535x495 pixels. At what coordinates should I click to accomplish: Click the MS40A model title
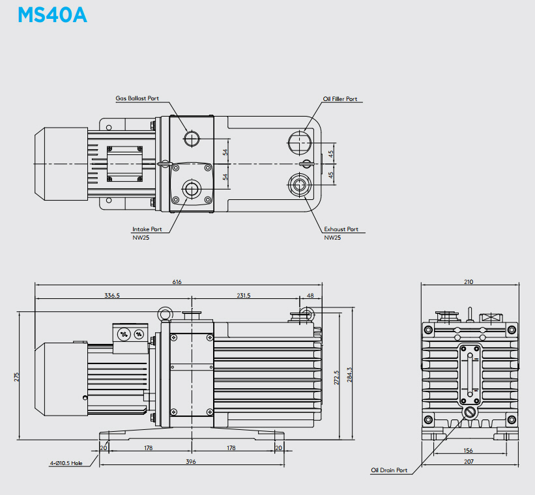tap(52, 15)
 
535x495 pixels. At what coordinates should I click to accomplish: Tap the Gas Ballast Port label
tap(137, 98)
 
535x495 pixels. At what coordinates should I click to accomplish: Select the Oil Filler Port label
tap(340, 99)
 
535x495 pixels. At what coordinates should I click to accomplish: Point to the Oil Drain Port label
tap(389, 470)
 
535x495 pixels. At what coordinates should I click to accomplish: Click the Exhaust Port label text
tap(341, 229)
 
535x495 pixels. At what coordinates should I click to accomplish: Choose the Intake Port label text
tap(147, 229)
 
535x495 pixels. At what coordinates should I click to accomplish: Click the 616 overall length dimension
tap(177, 282)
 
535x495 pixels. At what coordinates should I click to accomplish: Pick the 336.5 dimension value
tap(112, 296)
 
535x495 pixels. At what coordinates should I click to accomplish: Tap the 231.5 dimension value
tap(244, 296)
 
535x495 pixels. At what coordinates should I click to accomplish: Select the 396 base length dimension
tap(191, 462)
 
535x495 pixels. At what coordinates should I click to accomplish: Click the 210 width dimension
tap(469, 282)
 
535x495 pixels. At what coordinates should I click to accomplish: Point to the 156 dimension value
tap(468, 451)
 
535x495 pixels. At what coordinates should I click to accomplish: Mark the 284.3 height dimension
tap(349, 375)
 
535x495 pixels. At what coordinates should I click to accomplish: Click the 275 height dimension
tap(17, 377)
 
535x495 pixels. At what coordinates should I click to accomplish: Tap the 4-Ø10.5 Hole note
tap(66, 463)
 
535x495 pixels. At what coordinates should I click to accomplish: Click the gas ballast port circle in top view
tap(192, 139)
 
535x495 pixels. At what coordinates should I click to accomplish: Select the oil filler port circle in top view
tap(300, 143)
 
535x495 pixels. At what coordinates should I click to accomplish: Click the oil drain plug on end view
tap(470, 412)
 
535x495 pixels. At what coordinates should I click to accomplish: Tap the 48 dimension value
tap(310, 296)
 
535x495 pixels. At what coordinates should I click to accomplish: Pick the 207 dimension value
tap(469, 462)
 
